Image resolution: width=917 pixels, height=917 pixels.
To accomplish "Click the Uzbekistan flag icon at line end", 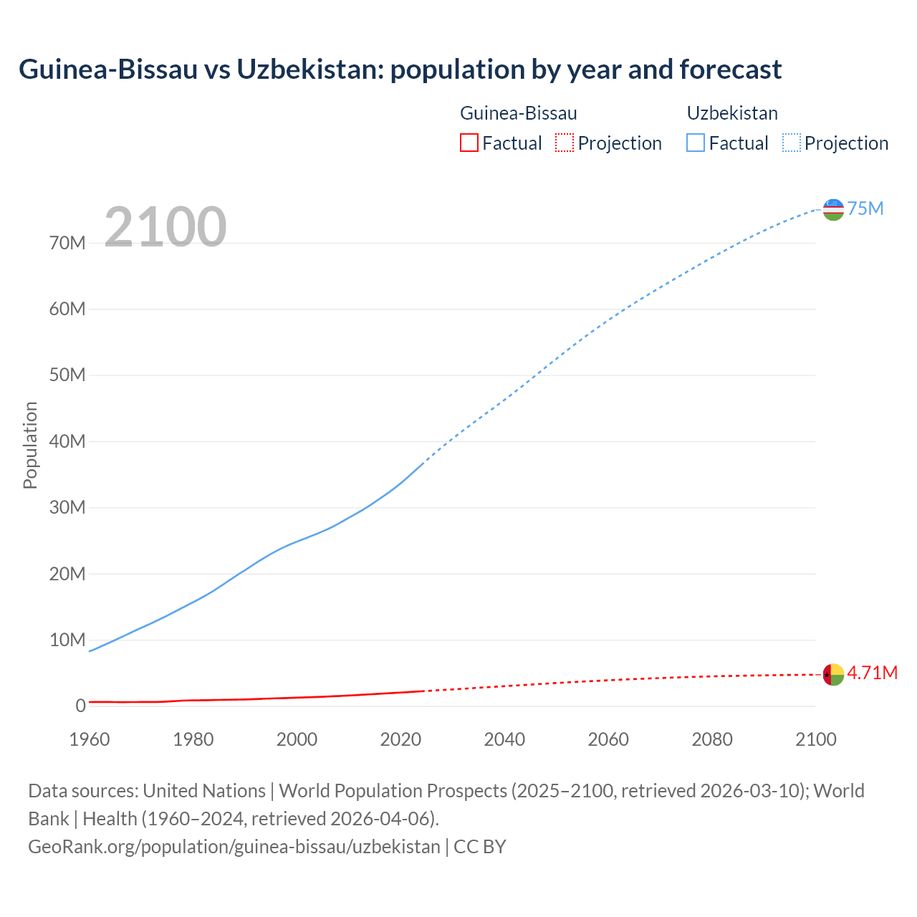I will pos(833,209).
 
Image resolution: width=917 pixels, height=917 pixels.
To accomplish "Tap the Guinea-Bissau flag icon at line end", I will pos(833,674).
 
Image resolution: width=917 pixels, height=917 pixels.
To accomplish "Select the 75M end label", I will pos(865,208).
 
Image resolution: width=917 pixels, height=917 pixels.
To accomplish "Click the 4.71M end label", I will pos(872,673).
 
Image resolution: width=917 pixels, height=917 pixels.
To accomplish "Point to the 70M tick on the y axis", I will pos(67,243).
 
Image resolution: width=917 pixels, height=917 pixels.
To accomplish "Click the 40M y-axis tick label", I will pos(67,441).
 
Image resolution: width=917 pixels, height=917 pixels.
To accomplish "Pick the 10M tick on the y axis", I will pos(67,640).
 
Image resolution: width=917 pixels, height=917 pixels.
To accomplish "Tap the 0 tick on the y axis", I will pos(80,706).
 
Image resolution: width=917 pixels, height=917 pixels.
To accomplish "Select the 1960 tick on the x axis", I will pos(90,739).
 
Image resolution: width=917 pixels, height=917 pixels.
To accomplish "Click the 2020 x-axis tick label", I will pos(400,739).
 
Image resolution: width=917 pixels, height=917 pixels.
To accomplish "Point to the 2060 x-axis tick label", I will pos(608,739).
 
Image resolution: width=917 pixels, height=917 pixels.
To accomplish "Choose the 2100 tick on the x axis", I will pos(815,739).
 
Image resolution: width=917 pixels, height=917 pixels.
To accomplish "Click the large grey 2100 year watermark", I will pos(165,227).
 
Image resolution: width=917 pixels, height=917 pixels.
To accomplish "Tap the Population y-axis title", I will pos(30,445).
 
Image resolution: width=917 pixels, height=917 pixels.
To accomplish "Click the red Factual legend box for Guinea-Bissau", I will pos(469,143).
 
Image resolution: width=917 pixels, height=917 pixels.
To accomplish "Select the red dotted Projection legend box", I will pos(565,143).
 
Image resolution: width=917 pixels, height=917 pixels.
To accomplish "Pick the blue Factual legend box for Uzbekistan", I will pos(696,143).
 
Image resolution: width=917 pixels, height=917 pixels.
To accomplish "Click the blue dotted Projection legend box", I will pos(791,143).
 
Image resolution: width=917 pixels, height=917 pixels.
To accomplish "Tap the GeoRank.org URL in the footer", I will pos(234,846).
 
